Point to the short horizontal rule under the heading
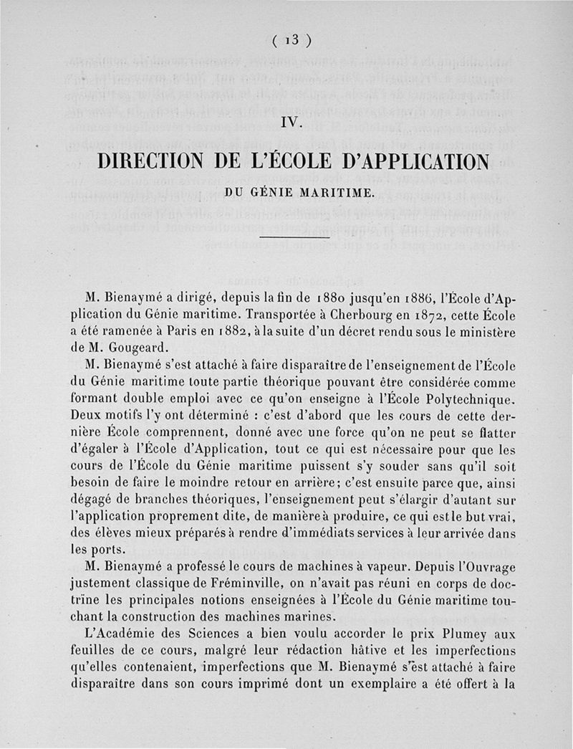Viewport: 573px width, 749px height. [294, 237]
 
